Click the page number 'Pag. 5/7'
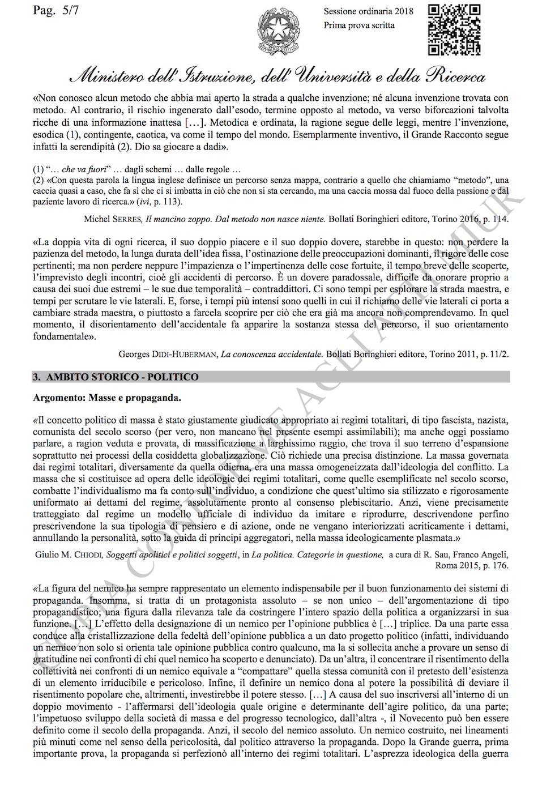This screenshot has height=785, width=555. point(55,10)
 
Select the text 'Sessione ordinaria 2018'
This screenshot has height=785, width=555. point(368,11)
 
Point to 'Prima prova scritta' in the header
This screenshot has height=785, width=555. point(359,25)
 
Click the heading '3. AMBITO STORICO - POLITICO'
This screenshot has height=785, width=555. point(116,377)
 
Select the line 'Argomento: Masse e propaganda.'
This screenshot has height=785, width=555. point(107,398)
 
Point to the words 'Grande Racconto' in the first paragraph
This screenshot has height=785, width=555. point(433,135)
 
